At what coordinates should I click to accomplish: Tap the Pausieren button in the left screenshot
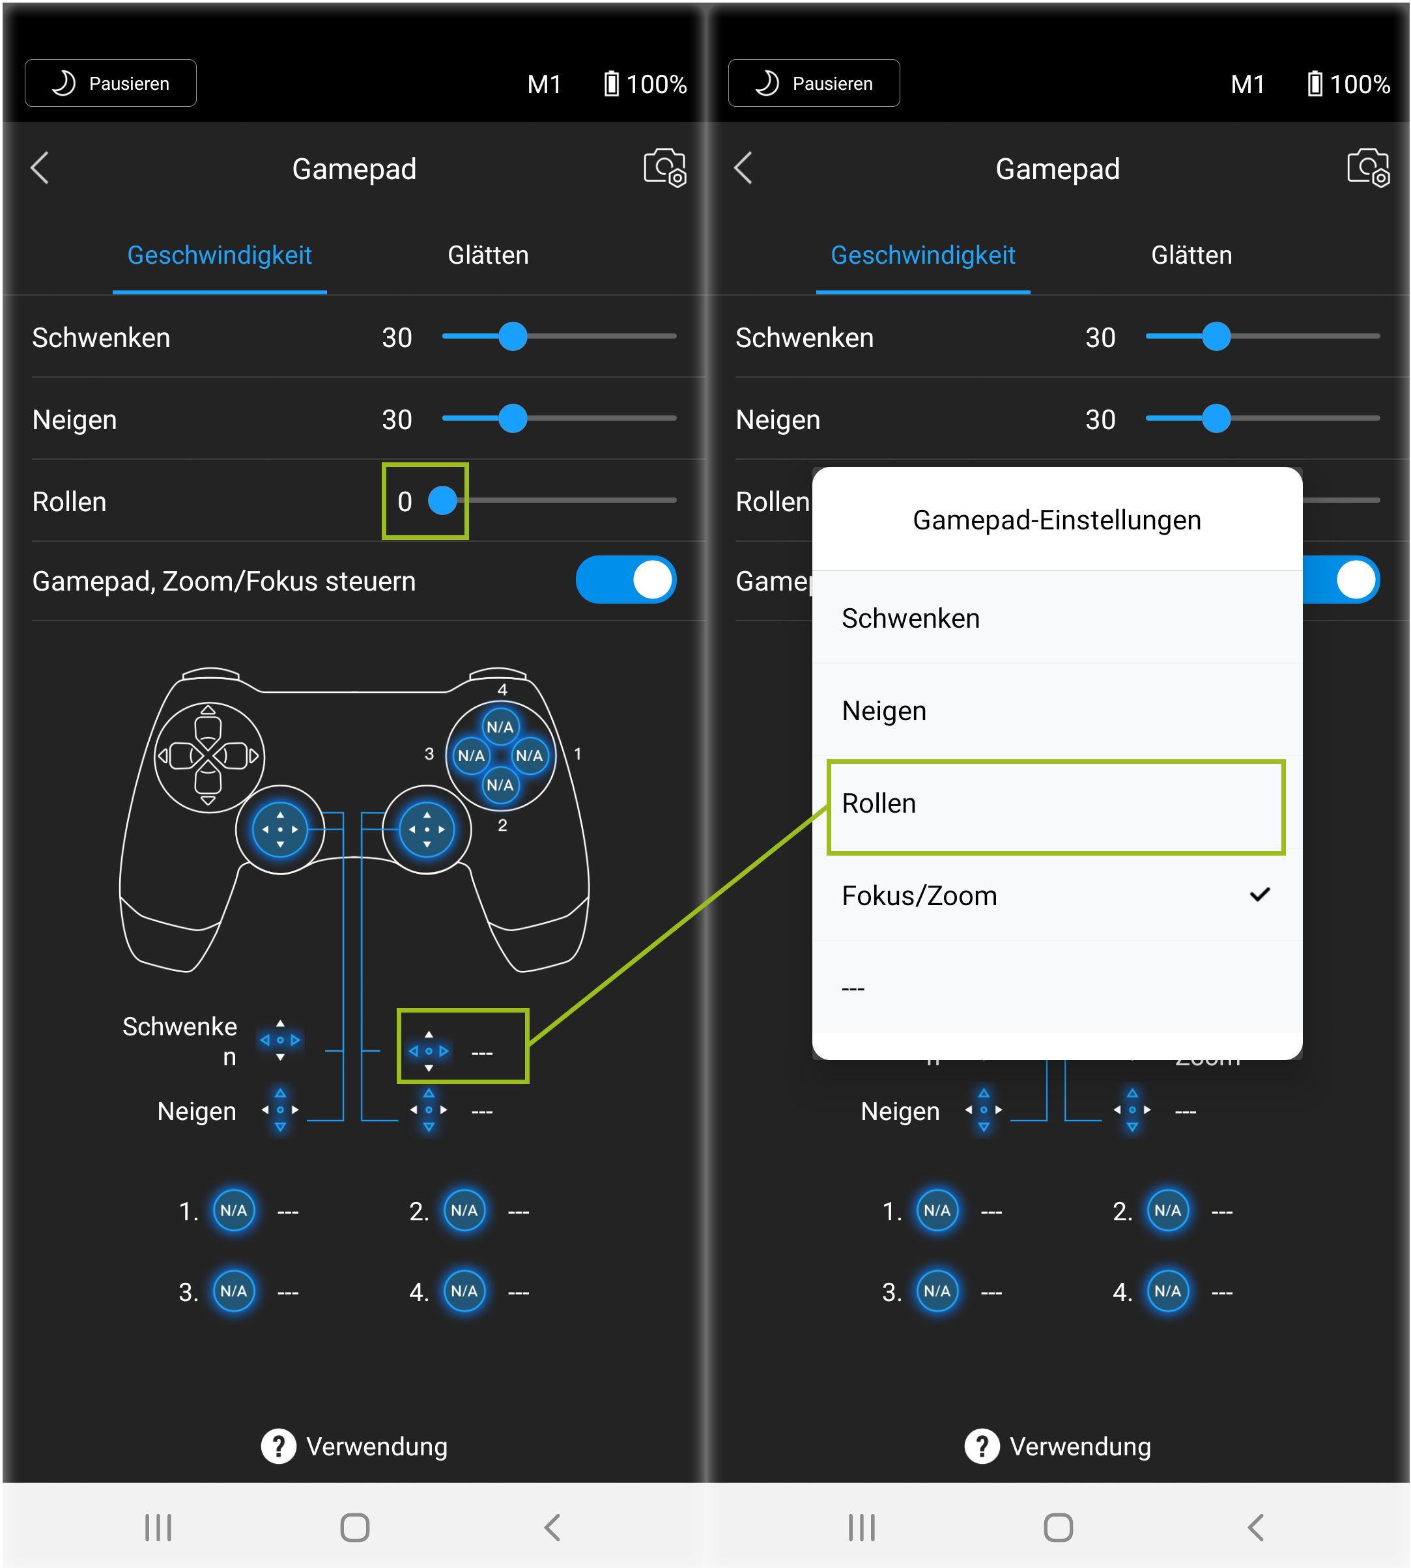110,83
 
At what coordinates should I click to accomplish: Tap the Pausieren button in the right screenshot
814,83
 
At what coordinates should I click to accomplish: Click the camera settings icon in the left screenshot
664,167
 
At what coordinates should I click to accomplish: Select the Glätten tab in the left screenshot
489,255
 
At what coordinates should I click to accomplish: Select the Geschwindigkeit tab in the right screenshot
922,255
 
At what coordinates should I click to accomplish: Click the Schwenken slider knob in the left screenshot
513,337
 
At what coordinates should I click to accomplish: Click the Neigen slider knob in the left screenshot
513,419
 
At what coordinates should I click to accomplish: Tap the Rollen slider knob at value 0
443,501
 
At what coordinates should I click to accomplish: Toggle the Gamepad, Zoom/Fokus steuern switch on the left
625,580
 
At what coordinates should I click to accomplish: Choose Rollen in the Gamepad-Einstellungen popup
1056,804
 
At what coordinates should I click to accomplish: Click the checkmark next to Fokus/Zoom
1260,895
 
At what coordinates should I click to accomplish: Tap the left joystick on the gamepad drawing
280,830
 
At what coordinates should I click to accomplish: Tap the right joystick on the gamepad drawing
427,830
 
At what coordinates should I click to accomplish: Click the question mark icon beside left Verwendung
278,1446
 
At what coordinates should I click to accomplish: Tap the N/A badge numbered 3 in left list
233,1291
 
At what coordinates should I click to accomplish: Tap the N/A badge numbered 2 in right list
1167,1211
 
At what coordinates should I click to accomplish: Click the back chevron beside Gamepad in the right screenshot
743,167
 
